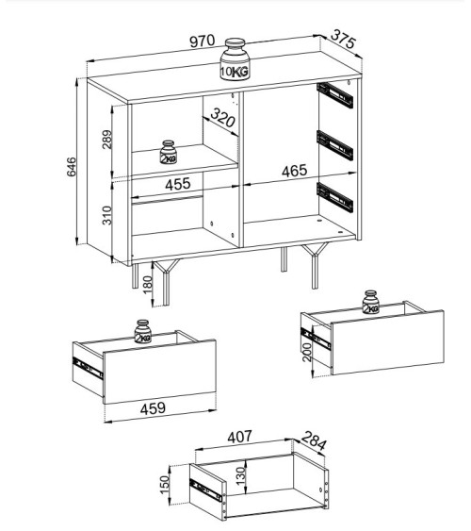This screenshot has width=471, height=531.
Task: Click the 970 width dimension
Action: (x=203, y=41)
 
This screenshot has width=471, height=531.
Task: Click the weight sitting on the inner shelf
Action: (x=169, y=152)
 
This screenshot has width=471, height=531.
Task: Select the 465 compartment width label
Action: (x=295, y=172)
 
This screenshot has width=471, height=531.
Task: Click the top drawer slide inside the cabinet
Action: (x=334, y=93)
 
